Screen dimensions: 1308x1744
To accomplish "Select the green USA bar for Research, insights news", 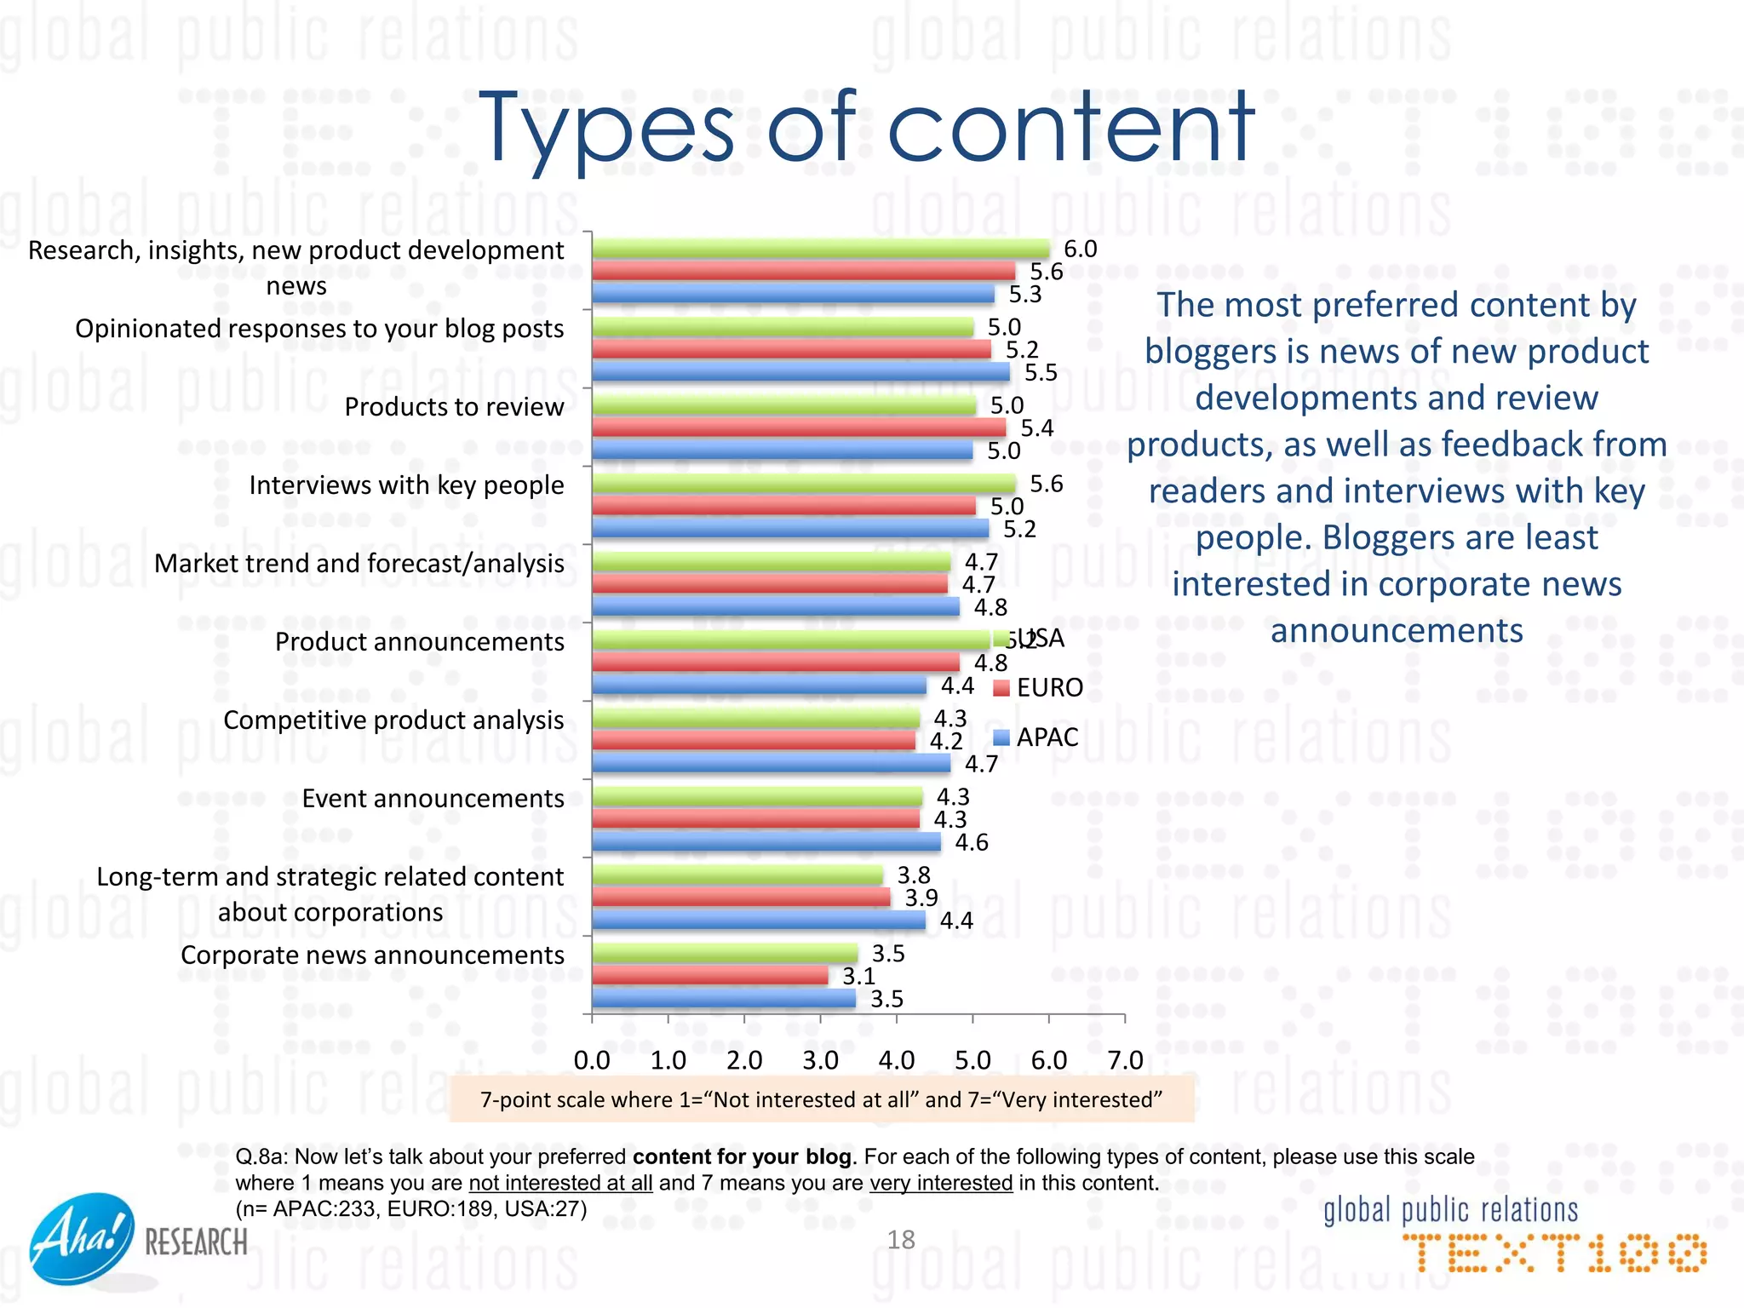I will pos(820,249).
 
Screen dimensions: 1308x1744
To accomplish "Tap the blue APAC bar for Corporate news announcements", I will pos(724,998).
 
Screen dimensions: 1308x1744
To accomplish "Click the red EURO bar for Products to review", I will pos(799,427).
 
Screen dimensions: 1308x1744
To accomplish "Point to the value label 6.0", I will pos(1080,250).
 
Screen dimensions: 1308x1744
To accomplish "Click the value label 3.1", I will pos(858,977).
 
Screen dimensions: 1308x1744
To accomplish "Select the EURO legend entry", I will pos(1039,687).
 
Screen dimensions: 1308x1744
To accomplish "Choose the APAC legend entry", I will pos(1036,737).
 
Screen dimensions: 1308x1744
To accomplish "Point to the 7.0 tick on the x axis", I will pos(1124,1060).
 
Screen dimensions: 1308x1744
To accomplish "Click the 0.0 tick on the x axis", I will pos(592,1060).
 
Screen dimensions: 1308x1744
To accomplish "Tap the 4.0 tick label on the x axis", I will pos(896,1060).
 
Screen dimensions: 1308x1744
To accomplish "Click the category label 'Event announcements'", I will pos(433,799).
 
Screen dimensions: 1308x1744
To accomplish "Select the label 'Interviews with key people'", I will pos(406,485).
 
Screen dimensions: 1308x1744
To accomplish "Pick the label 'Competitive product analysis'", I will pos(393,720).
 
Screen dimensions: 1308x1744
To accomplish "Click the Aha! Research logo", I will pos(136,1239).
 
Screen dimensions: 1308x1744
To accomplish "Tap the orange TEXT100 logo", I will pos(1554,1253).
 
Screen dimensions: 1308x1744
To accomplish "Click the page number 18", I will pos(900,1240).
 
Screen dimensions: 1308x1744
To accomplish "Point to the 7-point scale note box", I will pos(821,1099).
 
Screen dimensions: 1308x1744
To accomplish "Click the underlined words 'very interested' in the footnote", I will pos(941,1183).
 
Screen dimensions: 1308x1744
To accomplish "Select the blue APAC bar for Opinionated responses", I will pos(800,371).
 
